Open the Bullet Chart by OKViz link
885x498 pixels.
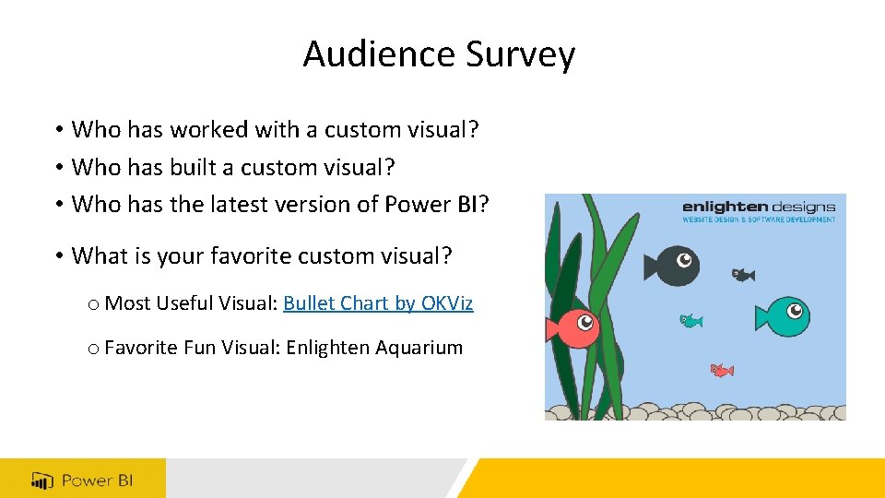tap(378, 303)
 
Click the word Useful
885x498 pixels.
tap(188, 303)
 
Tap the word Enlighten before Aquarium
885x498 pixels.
tap(330, 348)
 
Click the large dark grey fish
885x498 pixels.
tap(672, 265)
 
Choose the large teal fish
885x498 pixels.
tap(783, 315)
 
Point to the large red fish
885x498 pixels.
tap(573, 326)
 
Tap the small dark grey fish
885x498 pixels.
tap(743, 275)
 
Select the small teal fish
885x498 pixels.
tap(690, 321)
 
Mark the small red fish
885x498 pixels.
tap(721, 371)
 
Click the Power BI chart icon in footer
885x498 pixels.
tap(42, 480)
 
